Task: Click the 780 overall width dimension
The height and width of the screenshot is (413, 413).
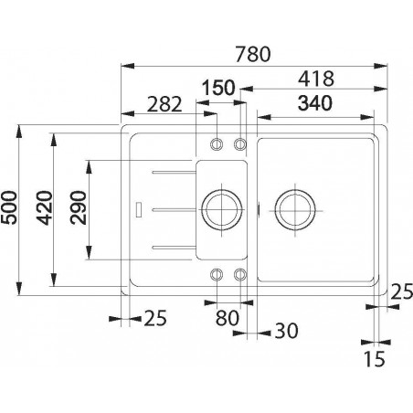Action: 253,54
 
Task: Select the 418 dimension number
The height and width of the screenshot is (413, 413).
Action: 316,79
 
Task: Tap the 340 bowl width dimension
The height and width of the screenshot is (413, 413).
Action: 315,103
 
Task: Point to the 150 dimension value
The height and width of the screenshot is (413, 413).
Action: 218,88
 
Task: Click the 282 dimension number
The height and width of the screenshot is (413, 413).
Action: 164,104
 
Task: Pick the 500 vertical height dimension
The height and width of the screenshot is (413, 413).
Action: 8,207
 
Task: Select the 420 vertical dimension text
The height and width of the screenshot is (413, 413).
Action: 45,208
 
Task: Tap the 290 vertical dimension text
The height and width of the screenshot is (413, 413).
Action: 79,207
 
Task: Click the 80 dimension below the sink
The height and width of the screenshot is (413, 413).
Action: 228,318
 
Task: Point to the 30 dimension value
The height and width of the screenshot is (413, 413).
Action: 286,331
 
